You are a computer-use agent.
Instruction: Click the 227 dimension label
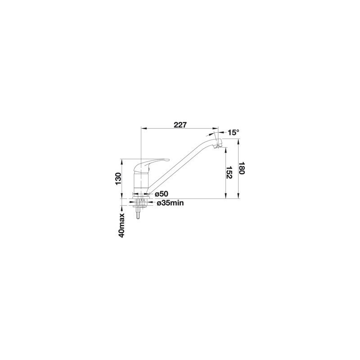(180, 125)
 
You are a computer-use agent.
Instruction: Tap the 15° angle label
(234, 132)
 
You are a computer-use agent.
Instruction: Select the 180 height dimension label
(241, 168)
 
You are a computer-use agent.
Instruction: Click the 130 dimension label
(118, 179)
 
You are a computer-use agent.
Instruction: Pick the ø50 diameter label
(162, 194)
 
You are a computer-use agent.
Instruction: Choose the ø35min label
(170, 203)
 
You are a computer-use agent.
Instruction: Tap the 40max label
(121, 225)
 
